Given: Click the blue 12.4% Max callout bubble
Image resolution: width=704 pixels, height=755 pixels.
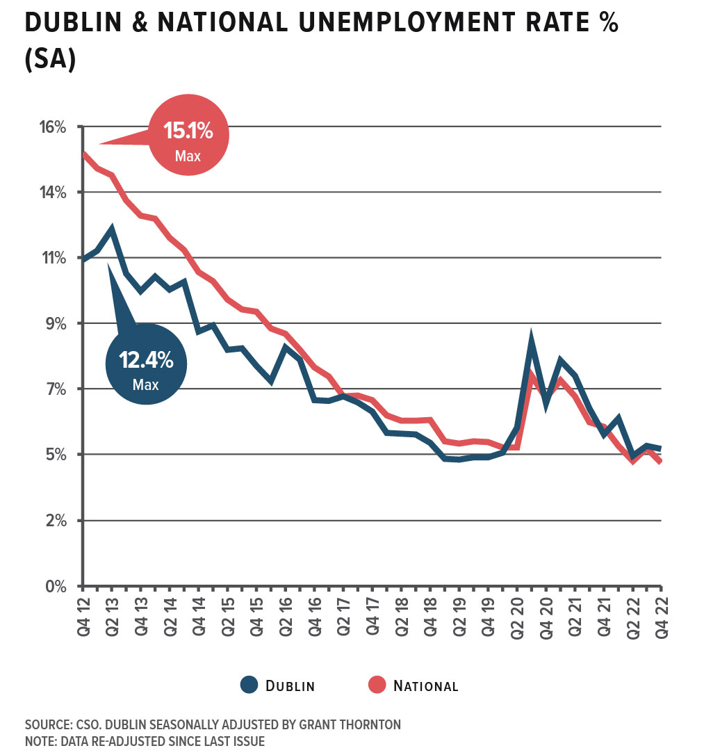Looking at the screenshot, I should [146, 364].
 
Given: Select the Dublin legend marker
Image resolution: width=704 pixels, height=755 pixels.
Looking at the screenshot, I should [249, 685].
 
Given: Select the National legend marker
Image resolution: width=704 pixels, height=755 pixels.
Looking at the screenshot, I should [377, 685].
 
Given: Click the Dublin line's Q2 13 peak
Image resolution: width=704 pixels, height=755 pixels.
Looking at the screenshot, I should [111, 229].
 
